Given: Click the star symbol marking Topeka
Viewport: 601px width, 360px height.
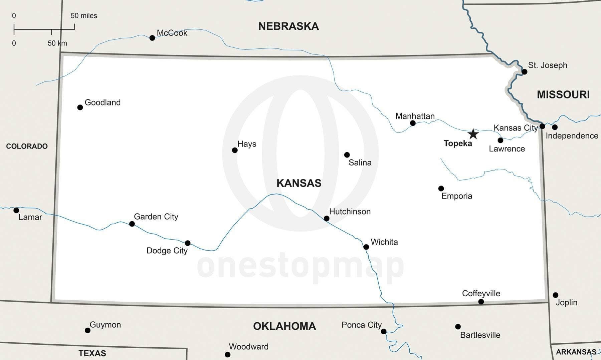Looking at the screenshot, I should (x=473, y=134).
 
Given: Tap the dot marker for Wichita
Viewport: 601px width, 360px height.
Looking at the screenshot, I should (x=366, y=247).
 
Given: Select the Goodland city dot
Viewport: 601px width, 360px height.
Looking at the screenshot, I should (x=80, y=107).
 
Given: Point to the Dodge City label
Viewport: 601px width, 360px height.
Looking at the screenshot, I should (x=167, y=251).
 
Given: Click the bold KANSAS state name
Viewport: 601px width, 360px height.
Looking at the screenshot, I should (x=299, y=183).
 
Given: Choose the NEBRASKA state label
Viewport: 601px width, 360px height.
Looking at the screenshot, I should (x=288, y=26).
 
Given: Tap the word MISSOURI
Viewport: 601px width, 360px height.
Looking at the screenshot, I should (x=563, y=95).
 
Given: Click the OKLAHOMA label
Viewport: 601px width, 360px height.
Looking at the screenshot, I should (x=284, y=326).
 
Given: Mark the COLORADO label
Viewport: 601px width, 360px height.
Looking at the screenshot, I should (x=27, y=146).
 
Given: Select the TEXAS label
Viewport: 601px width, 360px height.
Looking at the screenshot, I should (x=92, y=353).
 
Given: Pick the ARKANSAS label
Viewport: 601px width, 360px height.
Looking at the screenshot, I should (x=576, y=352).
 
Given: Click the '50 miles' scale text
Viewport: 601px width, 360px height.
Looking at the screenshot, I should (x=84, y=16).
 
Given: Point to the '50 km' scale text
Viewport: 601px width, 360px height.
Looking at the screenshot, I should (x=57, y=43).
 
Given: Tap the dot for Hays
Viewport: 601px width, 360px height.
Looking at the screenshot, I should (x=235, y=150).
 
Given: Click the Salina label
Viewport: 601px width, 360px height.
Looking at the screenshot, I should (x=360, y=162).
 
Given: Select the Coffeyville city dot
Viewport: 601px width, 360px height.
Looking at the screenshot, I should (x=481, y=302).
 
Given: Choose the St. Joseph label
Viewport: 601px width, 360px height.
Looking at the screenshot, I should (x=548, y=65).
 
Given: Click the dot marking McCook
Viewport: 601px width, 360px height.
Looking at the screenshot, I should (x=152, y=38).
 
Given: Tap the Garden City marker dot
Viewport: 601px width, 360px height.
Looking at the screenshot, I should (x=132, y=224).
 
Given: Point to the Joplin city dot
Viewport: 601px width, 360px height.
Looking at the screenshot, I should (x=555, y=295).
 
